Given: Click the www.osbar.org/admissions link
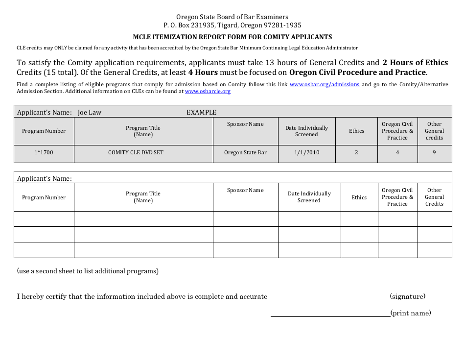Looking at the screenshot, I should [324, 84].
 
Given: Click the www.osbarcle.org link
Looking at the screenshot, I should [208, 91].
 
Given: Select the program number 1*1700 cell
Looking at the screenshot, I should [44, 152].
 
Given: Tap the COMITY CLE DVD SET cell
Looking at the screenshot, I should [143, 152].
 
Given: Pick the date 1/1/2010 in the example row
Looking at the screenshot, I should [306, 152].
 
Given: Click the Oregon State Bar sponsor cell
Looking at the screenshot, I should [245, 152].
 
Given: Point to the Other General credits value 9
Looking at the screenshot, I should [434, 152].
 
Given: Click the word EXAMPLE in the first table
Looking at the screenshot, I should [201, 112].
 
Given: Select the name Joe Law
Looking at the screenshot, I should [90, 112].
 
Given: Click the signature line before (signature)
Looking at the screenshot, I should [328, 297].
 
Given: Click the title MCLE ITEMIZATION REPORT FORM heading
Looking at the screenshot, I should [232, 37].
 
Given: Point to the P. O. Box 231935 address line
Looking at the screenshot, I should [232, 25].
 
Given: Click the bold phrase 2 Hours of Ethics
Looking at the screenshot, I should [415, 62].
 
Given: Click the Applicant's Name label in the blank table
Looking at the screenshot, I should [44, 178].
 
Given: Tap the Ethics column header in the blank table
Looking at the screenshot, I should [359, 197].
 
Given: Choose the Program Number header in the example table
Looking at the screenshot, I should [44, 131].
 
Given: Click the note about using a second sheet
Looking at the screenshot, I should [88, 271].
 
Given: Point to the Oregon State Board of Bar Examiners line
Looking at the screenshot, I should [232, 17].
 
